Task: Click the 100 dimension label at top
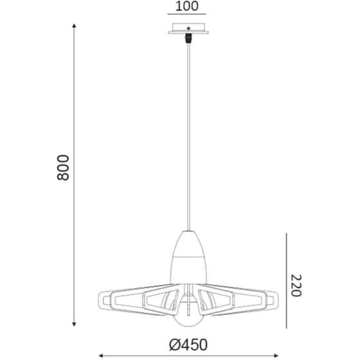tap(186, 6)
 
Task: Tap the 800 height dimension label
tap(63, 168)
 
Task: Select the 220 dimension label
tap(296, 285)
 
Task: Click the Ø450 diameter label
tap(188, 345)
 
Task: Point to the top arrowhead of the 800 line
tap(74, 26)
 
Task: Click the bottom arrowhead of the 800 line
tap(74, 324)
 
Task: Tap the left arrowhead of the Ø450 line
tap(100, 356)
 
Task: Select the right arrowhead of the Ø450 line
tap(276, 356)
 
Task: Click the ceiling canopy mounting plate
tap(188, 28)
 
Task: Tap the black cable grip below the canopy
tap(188, 39)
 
